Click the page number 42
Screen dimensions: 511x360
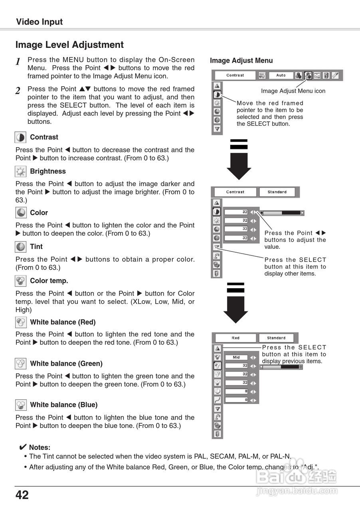tap(22, 495)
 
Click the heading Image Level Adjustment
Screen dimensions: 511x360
tap(69, 45)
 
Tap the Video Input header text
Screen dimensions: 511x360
tap(39, 22)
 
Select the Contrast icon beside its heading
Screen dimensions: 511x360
tap(20, 137)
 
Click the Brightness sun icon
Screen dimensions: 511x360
tap(20, 172)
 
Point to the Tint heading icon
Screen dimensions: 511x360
tap(20, 247)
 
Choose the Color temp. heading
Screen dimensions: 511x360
tap(49, 281)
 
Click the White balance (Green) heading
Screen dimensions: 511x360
tap(66, 363)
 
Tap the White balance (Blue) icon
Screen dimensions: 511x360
tap(21, 405)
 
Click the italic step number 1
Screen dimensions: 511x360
tap(18, 61)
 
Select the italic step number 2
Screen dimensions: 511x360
tap(18, 91)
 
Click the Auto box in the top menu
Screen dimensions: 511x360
tap(281, 75)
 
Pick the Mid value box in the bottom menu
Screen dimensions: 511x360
tap(236, 357)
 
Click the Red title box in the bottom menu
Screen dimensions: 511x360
tap(235, 338)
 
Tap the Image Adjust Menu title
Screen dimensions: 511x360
tap(241, 61)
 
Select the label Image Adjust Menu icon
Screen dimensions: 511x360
tap(293, 91)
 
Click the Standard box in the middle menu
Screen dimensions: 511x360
tap(277, 192)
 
